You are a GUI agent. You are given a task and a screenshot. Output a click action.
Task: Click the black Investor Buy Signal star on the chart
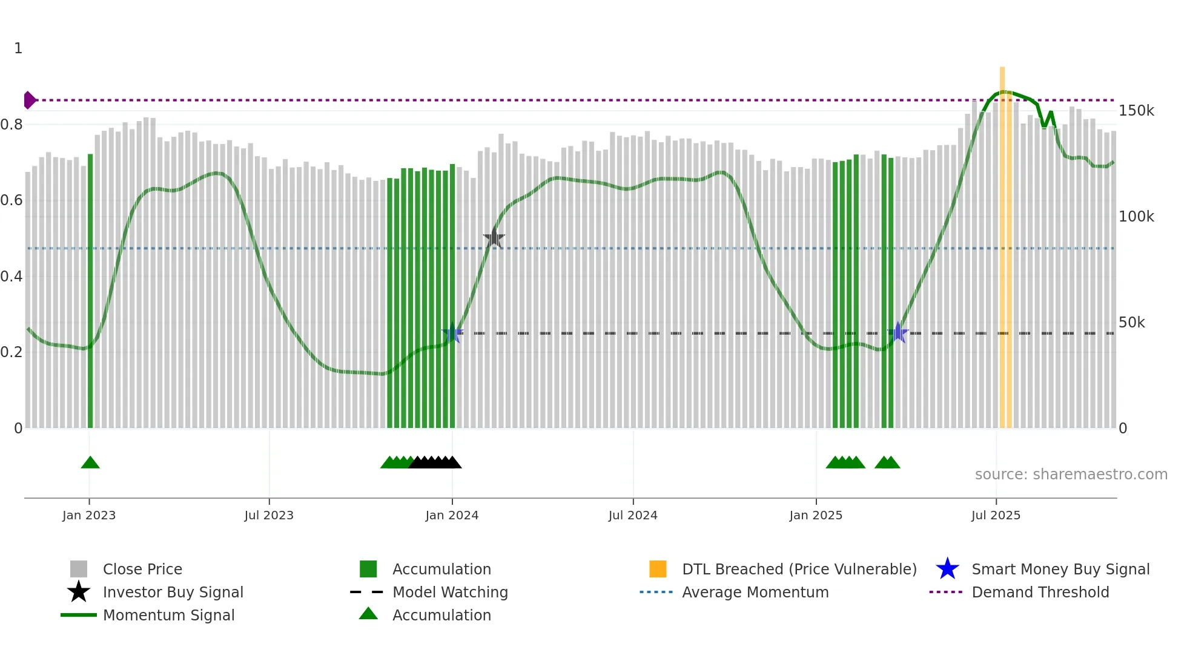(x=494, y=238)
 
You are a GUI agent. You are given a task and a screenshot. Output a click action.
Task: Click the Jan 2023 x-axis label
(x=89, y=515)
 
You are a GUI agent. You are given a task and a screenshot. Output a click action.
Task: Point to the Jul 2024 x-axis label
(x=633, y=515)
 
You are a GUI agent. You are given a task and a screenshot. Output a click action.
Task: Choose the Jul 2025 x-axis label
(x=996, y=515)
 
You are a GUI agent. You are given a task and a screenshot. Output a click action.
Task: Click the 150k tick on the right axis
(x=1136, y=111)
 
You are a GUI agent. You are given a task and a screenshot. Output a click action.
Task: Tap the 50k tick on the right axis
(x=1131, y=323)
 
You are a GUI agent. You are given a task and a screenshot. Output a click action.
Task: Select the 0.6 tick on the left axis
(x=12, y=200)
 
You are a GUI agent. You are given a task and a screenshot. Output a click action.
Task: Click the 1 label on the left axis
(x=18, y=48)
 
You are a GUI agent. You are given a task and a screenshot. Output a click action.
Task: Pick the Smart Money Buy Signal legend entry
(x=1060, y=569)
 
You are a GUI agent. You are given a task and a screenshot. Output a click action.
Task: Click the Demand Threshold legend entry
(x=1040, y=592)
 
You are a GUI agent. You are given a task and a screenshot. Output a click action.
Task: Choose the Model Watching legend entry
(x=450, y=592)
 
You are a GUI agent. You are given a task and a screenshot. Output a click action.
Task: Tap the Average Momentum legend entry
(x=755, y=592)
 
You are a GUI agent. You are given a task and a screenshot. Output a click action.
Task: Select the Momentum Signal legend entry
(x=168, y=615)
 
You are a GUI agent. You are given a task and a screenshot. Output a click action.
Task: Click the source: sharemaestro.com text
(x=1071, y=475)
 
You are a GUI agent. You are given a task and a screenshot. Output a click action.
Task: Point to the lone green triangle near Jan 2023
(x=90, y=463)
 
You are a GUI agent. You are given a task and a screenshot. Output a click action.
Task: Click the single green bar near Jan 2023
(x=90, y=291)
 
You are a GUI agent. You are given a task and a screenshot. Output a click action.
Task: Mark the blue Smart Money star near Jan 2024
(x=452, y=333)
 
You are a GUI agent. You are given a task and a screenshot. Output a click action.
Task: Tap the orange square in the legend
(x=658, y=569)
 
